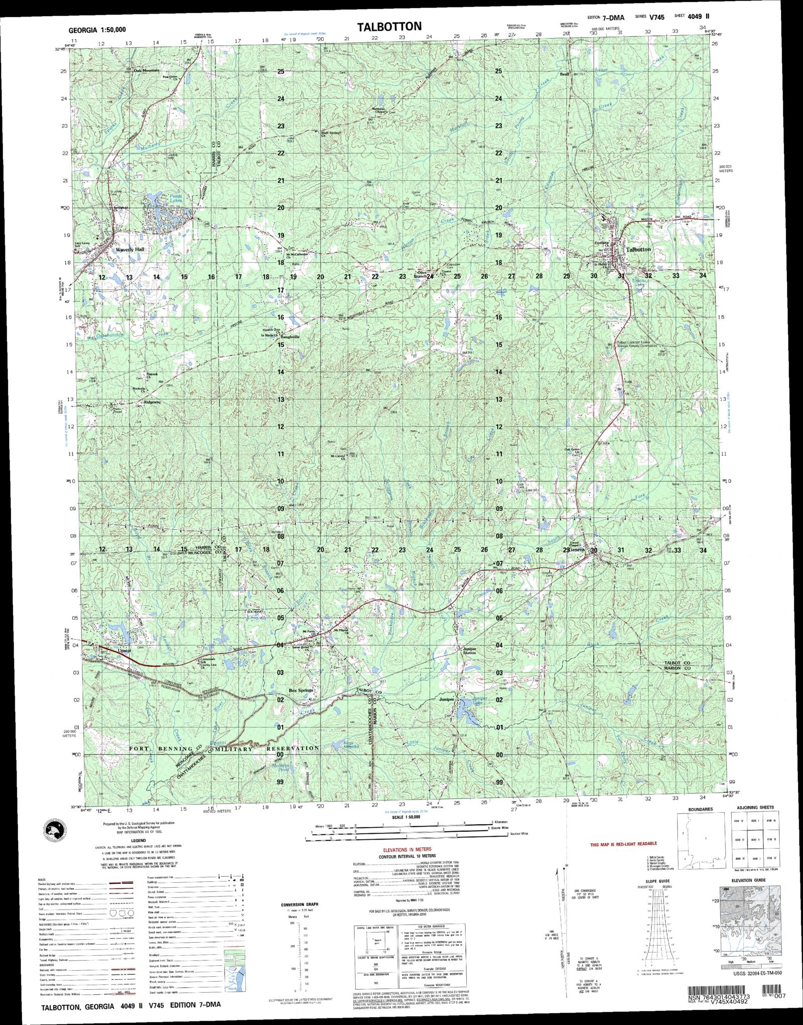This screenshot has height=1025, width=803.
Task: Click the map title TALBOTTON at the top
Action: (x=389, y=27)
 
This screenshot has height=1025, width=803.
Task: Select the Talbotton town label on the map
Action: (x=638, y=249)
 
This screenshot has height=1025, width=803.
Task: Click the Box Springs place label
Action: (x=301, y=690)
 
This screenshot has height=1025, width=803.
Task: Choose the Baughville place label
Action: (x=291, y=337)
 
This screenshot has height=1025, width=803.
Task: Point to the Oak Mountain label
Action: (x=146, y=70)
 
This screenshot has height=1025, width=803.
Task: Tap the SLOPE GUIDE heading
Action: (x=657, y=881)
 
